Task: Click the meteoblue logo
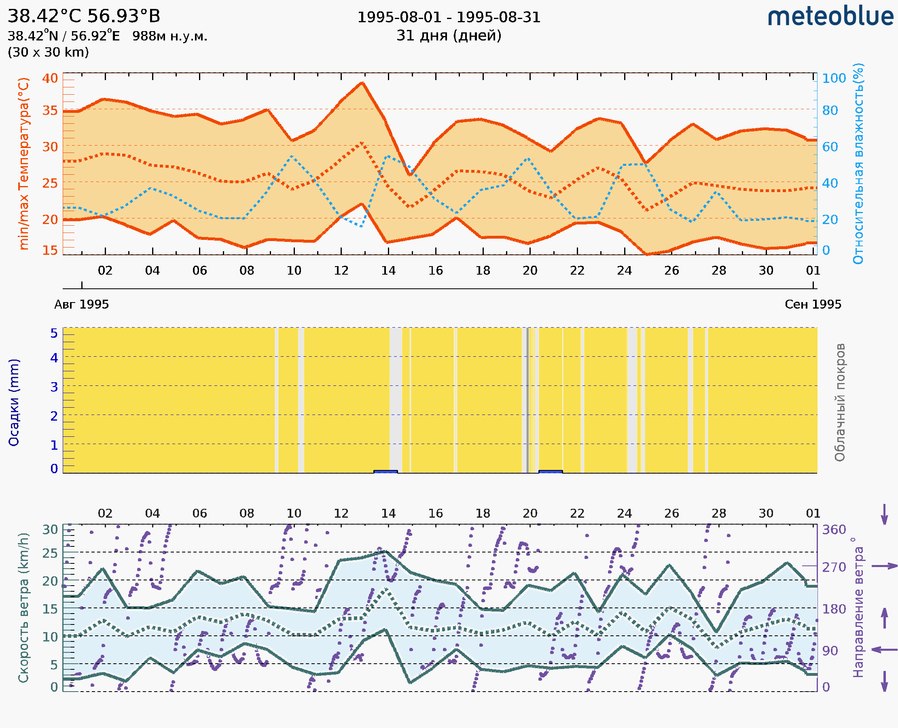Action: pos(830,17)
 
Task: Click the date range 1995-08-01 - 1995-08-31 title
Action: pos(449,17)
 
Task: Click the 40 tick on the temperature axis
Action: pos(50,78)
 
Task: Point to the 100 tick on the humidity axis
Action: pos(834,78)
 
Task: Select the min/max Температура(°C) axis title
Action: pos(24,163)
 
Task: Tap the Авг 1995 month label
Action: pos(81,304)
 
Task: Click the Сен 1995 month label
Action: pos(813,304)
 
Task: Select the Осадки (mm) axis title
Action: pos(14,402)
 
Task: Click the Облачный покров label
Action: pos(839,402)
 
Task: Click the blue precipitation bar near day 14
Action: pos(385,472)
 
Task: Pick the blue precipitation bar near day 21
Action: pos(550,472)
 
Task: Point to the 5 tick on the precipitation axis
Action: pos(54,333)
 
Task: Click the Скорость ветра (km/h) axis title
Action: pos(23,607)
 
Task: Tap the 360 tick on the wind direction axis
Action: pos(834,530)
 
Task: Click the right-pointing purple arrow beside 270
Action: pos(884,566)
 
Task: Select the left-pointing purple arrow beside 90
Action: pos(884,650)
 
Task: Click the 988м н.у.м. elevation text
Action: pos(170,36)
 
